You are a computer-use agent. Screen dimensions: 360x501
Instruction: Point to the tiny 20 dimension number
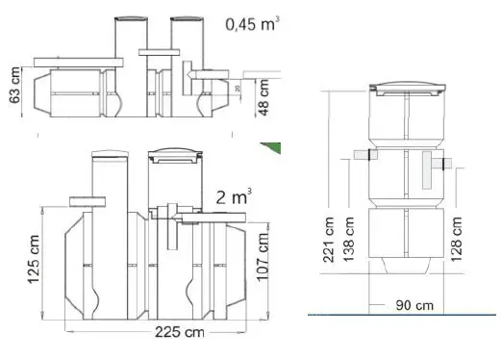click(x=238, y=89)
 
